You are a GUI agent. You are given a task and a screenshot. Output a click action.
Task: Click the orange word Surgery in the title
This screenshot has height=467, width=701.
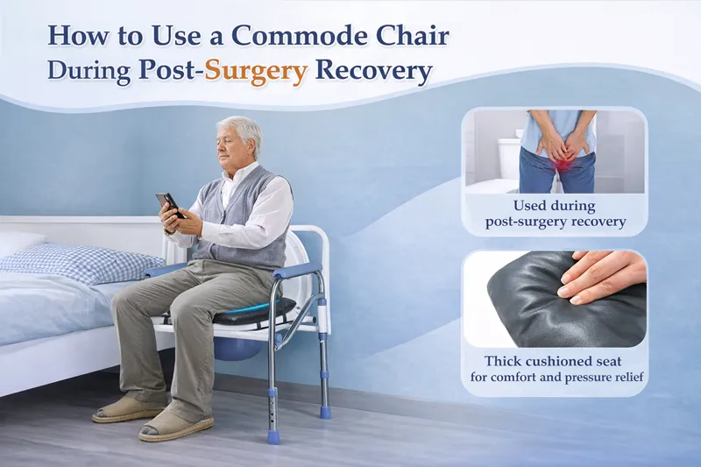[256, 70]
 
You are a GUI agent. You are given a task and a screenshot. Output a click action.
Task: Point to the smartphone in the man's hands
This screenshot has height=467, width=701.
[169, 205]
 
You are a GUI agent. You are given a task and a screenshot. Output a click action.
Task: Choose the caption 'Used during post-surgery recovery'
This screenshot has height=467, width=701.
[556, 214]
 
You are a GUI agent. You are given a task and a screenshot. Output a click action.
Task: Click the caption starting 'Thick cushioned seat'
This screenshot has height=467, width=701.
[556, 369]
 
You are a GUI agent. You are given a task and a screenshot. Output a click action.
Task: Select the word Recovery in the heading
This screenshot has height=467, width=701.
[374, 70]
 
